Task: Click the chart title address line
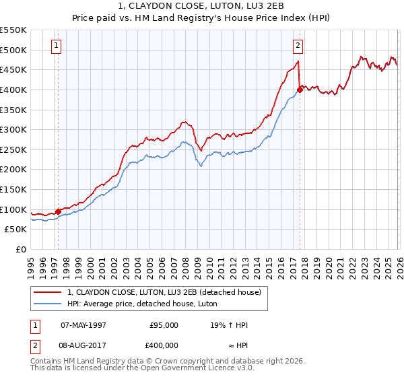click(x=202, y=6)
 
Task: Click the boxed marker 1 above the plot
click(x=56, y=46)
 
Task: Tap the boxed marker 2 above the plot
click(x=298, y=46)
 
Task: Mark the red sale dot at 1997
click(x=58, y=211)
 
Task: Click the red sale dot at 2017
click(x=300, y=89)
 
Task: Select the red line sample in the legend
click(x=48, y=292)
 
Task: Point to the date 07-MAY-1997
click(x=83, y=325)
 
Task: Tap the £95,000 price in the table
click(x=164, y=325)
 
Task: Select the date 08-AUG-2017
click(x=83, y=344)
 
